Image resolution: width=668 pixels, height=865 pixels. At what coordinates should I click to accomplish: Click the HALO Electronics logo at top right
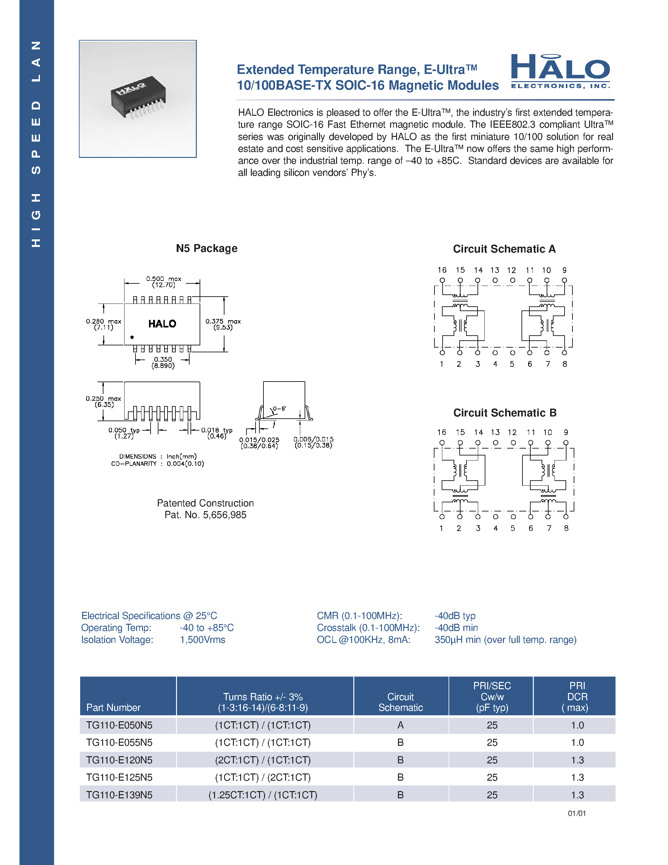(x=560, y=72)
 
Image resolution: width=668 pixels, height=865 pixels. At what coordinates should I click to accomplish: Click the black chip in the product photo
(x=138, y=95)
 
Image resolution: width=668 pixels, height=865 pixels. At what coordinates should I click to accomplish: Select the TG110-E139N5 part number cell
(x=119, y=795)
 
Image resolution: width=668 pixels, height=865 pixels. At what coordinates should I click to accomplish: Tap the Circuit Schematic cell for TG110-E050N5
(x=400, y=725)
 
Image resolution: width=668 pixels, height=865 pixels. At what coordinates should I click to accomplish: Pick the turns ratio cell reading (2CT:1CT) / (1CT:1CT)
(x=263, y=760)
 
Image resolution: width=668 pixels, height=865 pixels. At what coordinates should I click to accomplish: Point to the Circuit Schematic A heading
(x=504, y=249)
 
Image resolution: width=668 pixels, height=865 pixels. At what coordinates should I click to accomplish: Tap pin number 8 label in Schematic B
(x=566, y=528)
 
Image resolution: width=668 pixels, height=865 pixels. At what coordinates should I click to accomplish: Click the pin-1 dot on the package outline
(x=132, y=337)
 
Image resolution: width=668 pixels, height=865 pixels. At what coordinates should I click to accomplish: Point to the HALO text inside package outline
(x=162, y=324)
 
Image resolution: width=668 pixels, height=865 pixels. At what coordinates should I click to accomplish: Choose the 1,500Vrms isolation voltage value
(x=203, y=640)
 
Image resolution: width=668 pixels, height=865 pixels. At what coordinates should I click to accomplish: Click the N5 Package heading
(x=207, y=248)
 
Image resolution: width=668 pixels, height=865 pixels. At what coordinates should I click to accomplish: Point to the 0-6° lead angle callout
(x=279, y=408)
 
